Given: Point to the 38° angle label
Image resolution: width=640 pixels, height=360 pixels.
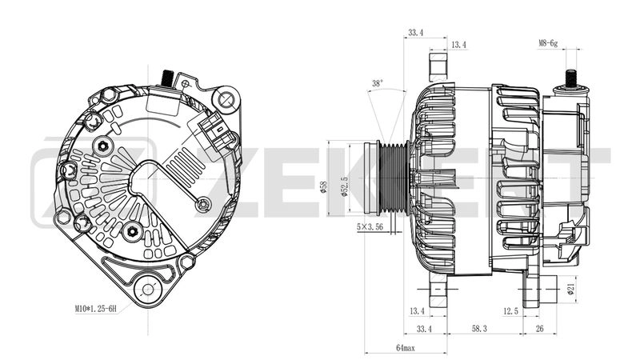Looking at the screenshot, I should click(x=378, y=83).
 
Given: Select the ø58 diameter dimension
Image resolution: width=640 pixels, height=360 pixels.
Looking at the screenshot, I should click(x=323, y=185).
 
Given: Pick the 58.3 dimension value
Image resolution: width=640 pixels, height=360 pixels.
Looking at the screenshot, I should click(x=478, y=329).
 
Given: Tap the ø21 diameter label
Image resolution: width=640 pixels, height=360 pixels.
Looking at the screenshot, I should click(x=571, y=289).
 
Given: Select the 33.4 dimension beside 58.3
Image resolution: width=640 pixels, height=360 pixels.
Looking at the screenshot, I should click(x=425, y=329).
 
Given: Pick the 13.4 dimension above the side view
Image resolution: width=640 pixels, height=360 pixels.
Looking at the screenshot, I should click(x=458, y=45).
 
